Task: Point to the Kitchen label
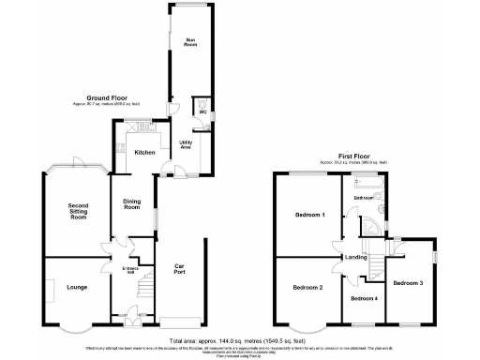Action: click(144, 152)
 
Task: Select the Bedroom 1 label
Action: click(309, 216)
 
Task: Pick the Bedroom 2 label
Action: click(307, 287)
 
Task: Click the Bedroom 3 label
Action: click(408, 282)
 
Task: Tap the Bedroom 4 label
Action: click(364, 298)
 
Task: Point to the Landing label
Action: click(355, 257)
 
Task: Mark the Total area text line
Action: click(239, 339)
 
